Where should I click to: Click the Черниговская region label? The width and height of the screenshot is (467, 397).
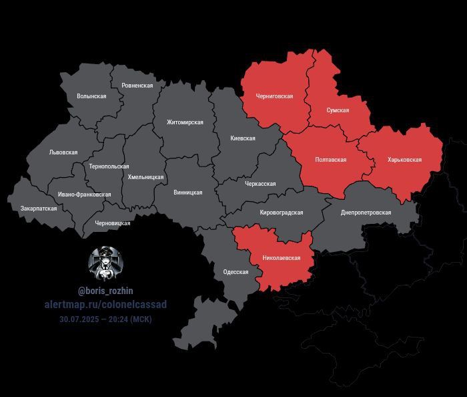point(274,96)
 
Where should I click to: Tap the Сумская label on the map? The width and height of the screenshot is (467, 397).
point(337,110)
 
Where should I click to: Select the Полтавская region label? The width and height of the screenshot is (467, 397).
point(331,160)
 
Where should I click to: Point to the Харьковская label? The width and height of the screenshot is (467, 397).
point(404,160)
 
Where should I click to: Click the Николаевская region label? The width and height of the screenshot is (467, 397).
point(282,258)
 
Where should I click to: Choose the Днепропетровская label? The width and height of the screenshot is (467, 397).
point(366,213)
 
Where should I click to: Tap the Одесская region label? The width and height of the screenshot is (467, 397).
point(236,272)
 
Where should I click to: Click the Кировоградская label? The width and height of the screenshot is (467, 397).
point(281,213)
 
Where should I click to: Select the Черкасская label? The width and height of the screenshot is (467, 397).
point(260,184)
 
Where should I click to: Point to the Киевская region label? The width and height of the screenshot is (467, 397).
point(243,138)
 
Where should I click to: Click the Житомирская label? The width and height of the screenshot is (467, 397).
point(185,122)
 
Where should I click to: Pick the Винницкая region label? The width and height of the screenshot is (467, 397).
point(187,192)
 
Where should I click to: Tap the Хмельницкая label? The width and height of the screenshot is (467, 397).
point(145,177)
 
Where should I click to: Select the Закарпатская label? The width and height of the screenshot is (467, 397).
point(39,209)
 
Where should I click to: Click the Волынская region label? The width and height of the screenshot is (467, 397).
point(91,96)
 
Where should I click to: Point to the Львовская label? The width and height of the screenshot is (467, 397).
point(63,152)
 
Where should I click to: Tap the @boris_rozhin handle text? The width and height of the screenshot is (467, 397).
point(105,291)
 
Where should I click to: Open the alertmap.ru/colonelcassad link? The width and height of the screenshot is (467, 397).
point(105,305)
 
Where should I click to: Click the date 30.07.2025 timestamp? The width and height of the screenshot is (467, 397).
point(105,319)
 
